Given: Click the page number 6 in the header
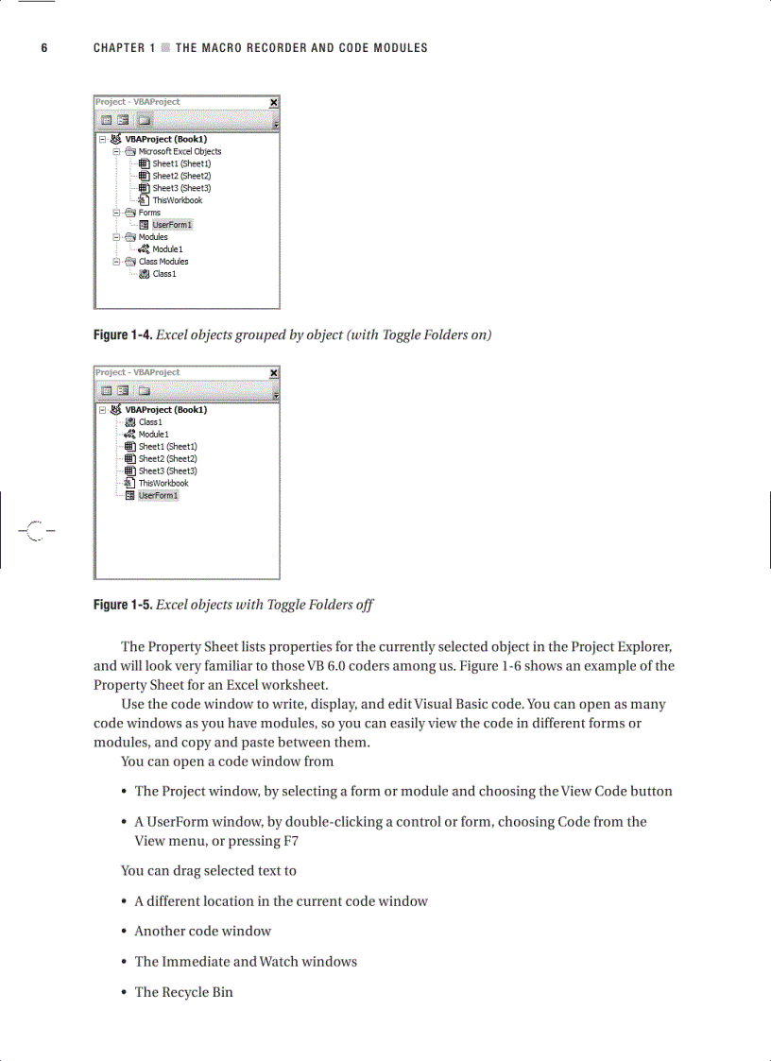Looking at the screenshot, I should coord(43,48).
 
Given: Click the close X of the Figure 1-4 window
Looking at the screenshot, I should coord(274,102).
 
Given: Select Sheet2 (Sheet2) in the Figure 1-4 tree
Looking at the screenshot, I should coord(181,176).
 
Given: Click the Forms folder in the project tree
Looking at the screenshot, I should coord(148,213).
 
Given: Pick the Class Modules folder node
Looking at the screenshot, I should coord(163,262).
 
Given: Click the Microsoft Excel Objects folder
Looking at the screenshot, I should coord(180,151).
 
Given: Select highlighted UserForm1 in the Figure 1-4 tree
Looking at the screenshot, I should coord(172,225).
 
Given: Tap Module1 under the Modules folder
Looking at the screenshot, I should coord(167,249).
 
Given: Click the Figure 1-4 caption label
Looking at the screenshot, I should coord(123,335).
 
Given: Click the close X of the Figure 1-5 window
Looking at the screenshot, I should coord(274,373).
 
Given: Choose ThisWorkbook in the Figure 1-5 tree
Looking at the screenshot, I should coord(163,483).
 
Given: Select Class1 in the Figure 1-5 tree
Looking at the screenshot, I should coord(150,422).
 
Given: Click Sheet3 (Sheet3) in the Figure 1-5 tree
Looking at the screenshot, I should coord(167,471).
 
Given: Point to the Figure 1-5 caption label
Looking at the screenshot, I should coord(123,605).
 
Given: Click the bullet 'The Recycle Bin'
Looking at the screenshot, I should coord(183,992).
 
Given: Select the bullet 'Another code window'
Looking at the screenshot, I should coord(202,931).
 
